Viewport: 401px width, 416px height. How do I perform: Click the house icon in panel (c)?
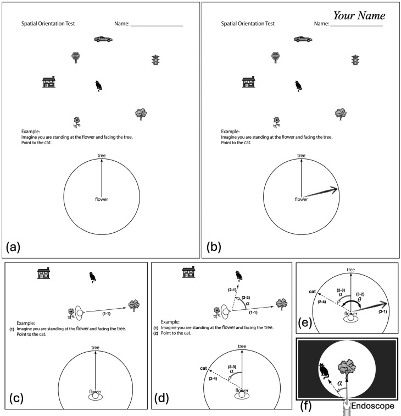(43, 273)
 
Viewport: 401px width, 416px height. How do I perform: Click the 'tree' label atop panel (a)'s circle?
(101, 156)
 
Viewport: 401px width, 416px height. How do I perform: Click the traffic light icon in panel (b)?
(355, 60)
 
